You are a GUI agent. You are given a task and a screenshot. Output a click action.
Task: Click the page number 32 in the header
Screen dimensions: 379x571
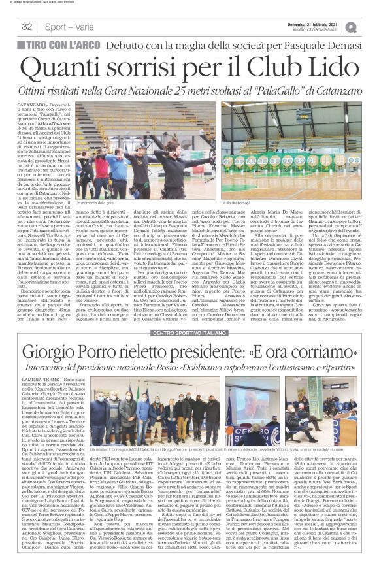click(x=27, y=27)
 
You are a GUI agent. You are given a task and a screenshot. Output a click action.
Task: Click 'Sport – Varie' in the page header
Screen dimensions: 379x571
click(x=66, y=27)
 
